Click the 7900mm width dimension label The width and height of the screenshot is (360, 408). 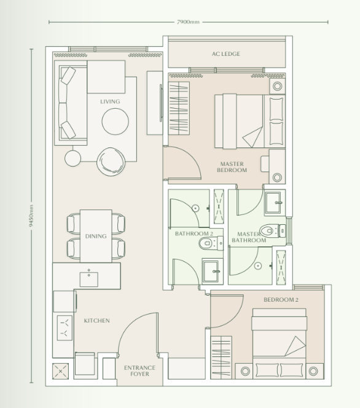tap(188, 22)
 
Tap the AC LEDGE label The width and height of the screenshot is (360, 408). tap(226, 54)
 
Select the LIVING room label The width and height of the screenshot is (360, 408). tap(110, 101)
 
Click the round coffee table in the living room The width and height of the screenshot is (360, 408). tap(115, 121)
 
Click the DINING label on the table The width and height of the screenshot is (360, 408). tap(96, 236)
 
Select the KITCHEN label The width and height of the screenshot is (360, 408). tap(96, 321)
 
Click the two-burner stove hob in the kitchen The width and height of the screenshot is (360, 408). tap(64, 328)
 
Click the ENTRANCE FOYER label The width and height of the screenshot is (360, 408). tap(139, 371)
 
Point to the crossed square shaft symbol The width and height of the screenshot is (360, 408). tap(61, 371)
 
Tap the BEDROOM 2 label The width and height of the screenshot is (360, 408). tap(281, 300)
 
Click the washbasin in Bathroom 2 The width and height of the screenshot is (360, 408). tap(213, 270)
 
